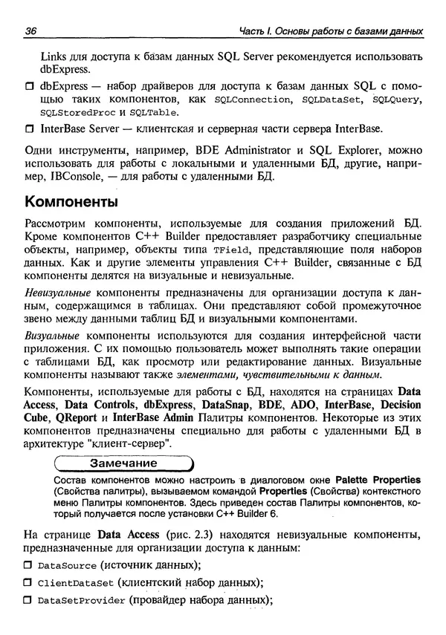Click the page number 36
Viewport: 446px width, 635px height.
tap(31, 31)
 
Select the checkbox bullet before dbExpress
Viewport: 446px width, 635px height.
tap(30, 86)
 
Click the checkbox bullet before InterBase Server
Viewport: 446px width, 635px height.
tap(30, 129)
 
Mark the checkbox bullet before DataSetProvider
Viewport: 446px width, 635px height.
tap(30, 601)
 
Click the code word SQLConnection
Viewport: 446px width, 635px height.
tap(250, 100)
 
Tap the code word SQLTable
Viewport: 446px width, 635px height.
tap(152, 114)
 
